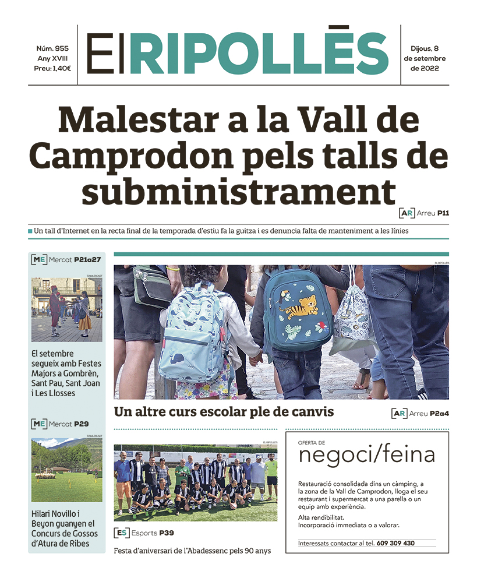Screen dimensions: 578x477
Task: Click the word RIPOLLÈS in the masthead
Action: pos(259,54)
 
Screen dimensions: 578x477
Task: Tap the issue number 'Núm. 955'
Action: pos(52,48)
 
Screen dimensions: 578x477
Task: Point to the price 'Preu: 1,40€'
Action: pos(52,68)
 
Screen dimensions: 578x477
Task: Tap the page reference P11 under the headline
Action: pos(443,213)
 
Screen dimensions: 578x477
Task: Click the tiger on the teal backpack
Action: pos(302,306)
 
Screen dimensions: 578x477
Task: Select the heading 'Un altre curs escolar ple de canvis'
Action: pos(224,412)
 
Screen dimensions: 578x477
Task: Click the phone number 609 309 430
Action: pos(395,543)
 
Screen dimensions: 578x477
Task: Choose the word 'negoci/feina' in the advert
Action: pos(366,456)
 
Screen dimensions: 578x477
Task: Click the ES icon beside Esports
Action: pos(121,533)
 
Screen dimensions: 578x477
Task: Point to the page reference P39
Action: pos(167,533)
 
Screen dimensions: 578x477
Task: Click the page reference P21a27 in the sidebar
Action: pos(87,259)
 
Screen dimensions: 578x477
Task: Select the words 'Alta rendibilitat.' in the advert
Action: pos(321,517)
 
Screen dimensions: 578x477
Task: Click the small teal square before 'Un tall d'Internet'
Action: pos(30,231)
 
